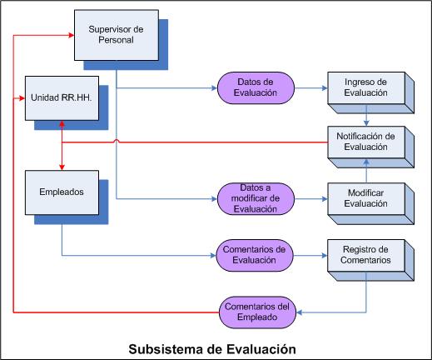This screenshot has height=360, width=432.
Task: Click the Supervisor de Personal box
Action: point(117,35)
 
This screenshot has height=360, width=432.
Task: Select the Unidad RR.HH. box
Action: point(62,98)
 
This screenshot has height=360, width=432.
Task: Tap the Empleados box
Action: point(62,192)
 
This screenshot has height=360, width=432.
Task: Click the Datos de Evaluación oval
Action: point(256,87)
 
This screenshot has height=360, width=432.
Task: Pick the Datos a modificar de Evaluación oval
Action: point(256,198)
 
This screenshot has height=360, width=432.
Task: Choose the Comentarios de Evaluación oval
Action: point(255,255)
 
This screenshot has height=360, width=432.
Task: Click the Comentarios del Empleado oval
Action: point(257,312)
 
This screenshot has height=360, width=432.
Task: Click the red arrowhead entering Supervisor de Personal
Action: point(71,35)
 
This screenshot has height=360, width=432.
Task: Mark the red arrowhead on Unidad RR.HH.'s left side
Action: point(22,98)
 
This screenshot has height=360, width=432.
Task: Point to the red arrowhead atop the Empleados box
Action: point(62,167)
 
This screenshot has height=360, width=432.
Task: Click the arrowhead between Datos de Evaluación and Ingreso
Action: point(325,88)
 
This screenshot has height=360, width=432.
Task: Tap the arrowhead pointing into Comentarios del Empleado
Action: point(300,312)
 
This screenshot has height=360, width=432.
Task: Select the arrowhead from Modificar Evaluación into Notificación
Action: point(366,162)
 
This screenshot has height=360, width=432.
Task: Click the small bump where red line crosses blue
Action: point(117,141)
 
